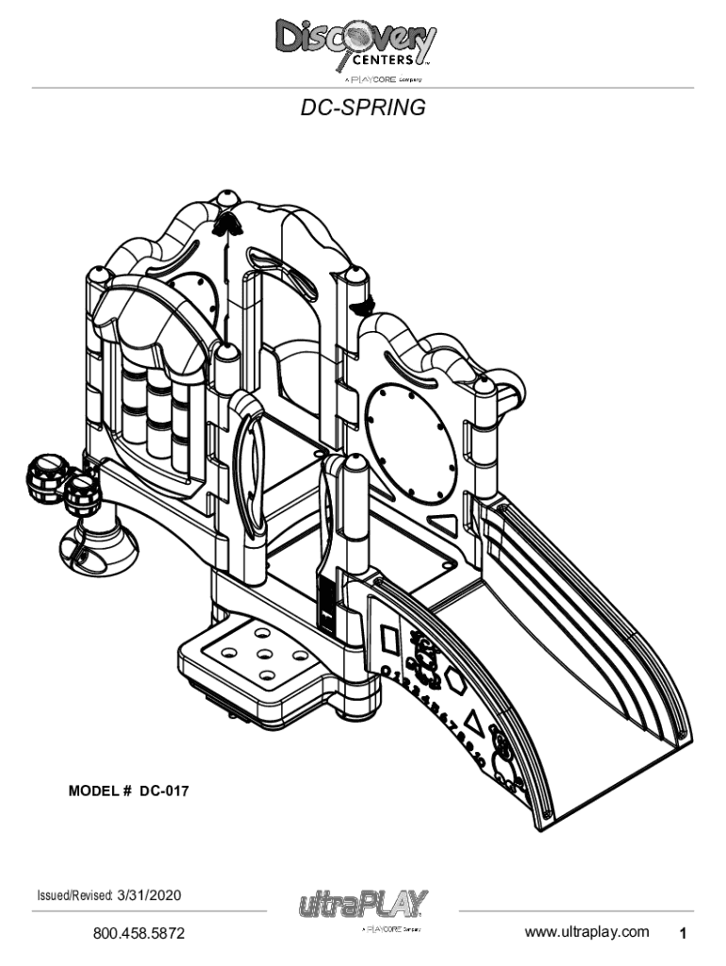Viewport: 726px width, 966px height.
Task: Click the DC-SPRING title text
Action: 363,108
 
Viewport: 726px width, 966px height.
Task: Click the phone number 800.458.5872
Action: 138,934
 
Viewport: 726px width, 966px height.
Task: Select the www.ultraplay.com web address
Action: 586,932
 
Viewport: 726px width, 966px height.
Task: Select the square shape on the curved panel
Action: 389,642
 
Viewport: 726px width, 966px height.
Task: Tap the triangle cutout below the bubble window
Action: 442,525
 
